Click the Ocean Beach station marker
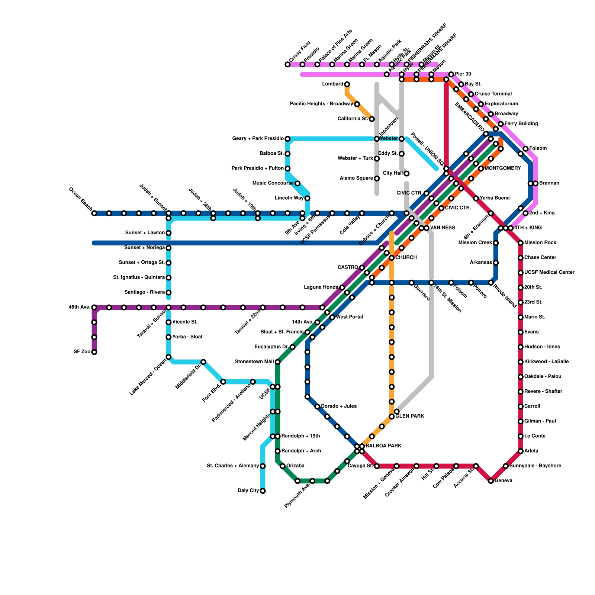point(94,213)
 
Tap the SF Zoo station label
point(82,352)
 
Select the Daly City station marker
point(263,491)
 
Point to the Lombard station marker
point(347,84)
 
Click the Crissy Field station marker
point(287,64)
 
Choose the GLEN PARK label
point(410,416)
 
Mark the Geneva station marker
point(491,481)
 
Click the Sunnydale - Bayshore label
point(535,466)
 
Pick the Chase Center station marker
point(521,258)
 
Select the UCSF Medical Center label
point(549,273)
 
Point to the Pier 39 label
point(463,74)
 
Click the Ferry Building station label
point(521,124)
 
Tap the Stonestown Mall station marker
point(277,362)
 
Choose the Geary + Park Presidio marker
point(287,139)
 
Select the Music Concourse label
point(273,183)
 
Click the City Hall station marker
point(407,174)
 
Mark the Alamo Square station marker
point(377,178)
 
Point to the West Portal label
point(349,317)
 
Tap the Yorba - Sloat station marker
point(168,337)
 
